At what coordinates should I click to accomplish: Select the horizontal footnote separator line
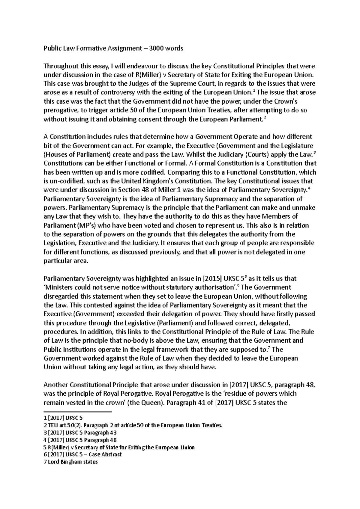pos(77,412)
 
